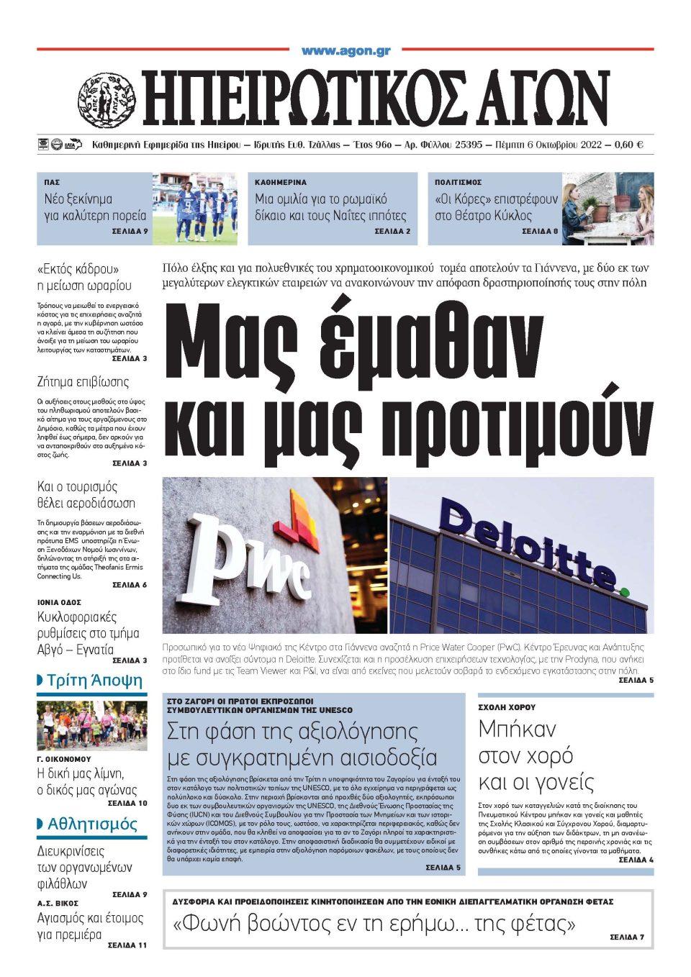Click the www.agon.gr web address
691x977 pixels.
click(x=345, y=50)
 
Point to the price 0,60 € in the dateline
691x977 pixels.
click(x=629, y=145)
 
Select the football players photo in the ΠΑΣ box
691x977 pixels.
click(x=194, y=207)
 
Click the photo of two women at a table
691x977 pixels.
click(x=608, y=208)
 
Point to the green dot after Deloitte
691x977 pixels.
click(x=623, y=591)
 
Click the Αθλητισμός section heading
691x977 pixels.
click(x=91, y=824)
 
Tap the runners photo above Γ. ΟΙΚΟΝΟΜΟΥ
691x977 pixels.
click(x=91, y=725)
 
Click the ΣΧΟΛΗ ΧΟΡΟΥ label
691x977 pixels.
click(x=507, y=707)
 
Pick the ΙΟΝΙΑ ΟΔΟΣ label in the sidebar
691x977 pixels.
click(x=59, y=602)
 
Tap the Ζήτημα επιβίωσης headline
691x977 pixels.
click(x=83, y=381)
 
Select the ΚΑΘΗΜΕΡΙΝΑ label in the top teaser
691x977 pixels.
click(x=281, y=183)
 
